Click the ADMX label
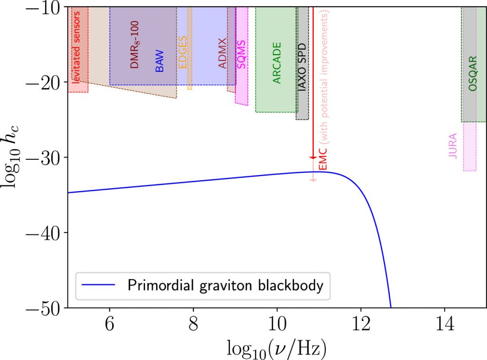click(x=223, y=53)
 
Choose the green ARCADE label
click(x=277, y=63)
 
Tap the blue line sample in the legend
click(x=99, y=286)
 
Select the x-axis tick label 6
click(x=110, y=328)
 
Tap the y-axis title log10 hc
click(x=13, y=157)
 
